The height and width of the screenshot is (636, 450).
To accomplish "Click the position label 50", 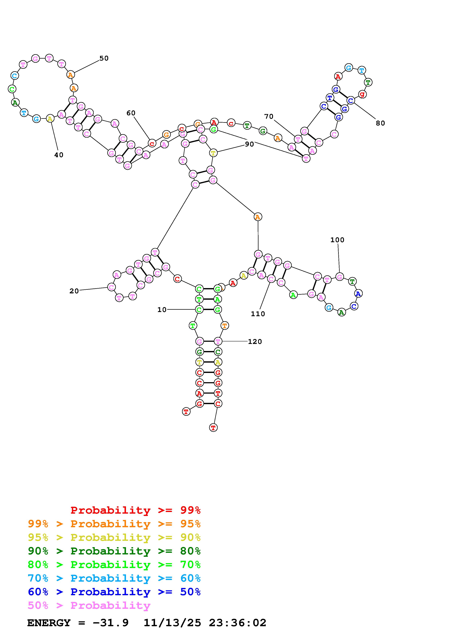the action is tap(104, 58).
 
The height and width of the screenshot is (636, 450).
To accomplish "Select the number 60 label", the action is tap(131, 113).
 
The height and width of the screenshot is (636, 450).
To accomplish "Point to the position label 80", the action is tap(380, 123).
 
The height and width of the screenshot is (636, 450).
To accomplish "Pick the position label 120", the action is tap(255, 342).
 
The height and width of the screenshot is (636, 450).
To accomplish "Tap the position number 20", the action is tap(74, 291).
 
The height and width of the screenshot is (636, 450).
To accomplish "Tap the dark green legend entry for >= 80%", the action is tap(114, 551).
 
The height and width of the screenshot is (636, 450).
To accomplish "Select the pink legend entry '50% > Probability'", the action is tap(89, 606).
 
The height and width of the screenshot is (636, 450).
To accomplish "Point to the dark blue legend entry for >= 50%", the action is tap(114, 592).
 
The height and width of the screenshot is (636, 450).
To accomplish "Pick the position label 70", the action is tap(269, 117).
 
